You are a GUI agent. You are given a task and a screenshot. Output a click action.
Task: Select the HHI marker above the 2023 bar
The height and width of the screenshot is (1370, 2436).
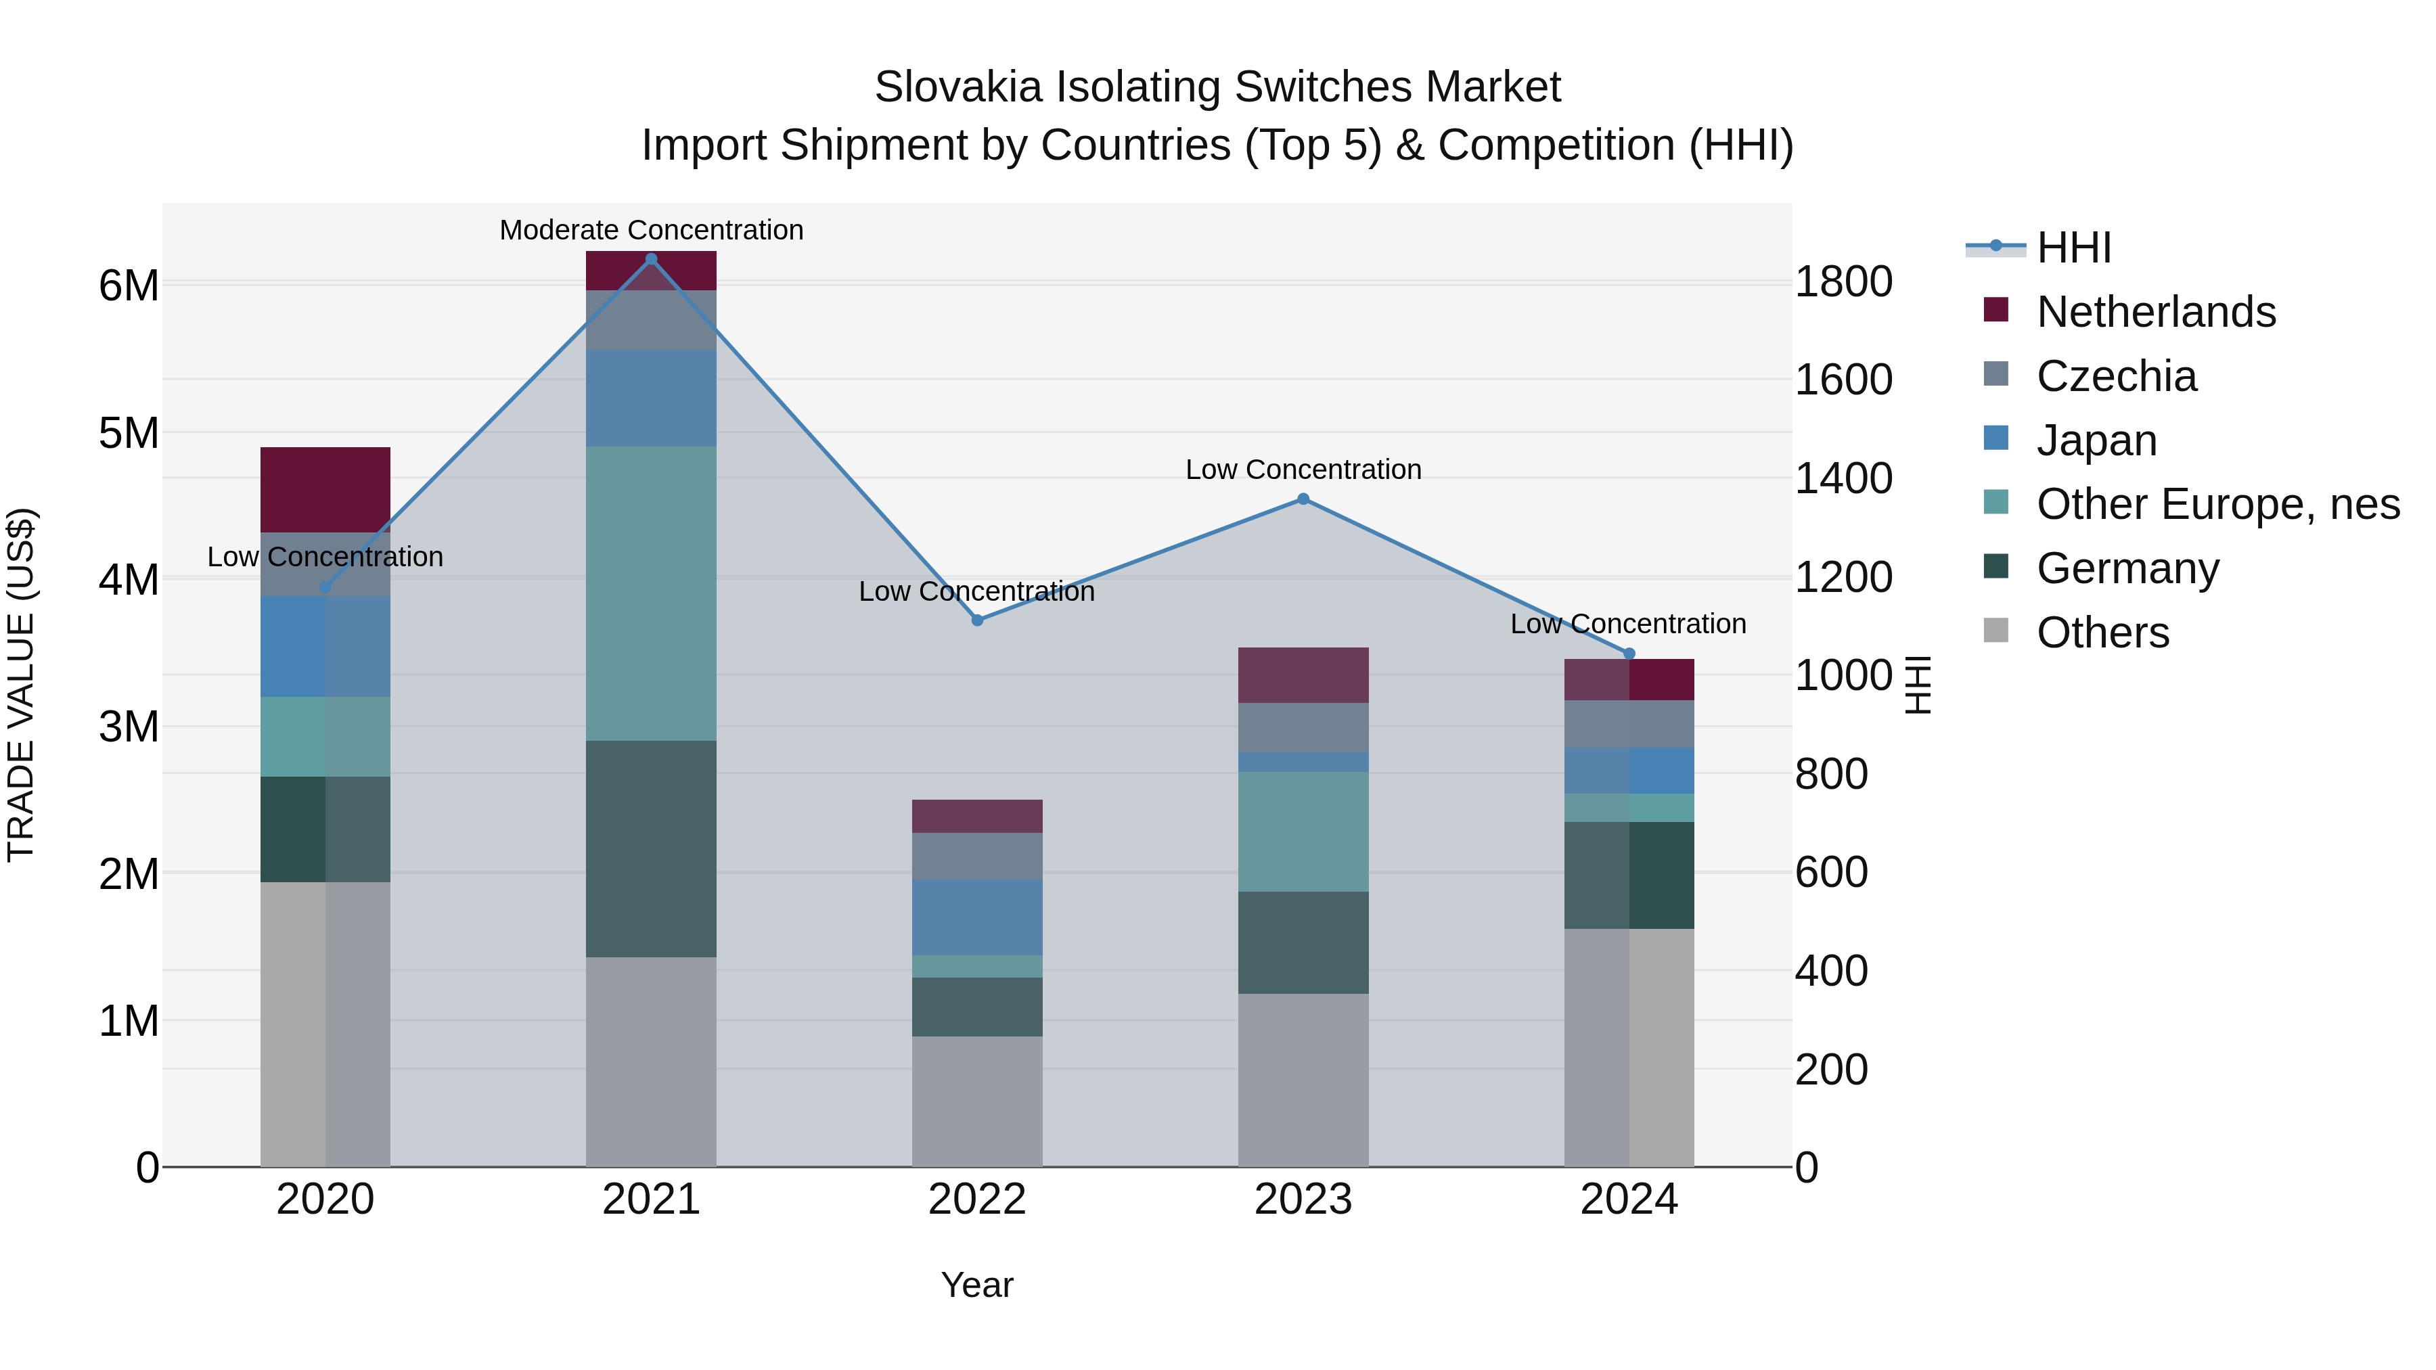pos(1303,499)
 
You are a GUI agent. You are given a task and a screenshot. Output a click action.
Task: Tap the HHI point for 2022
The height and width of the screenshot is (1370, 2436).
pos(978,620)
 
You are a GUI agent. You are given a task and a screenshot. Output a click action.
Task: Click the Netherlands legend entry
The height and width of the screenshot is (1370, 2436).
pos(2155,312)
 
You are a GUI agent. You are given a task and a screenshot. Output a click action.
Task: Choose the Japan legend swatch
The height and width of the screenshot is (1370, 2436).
pos(1995,438)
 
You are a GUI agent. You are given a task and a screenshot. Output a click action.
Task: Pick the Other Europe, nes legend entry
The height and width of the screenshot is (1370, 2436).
pos(2217,504)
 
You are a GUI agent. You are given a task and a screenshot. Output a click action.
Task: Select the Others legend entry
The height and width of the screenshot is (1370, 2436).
pos(2102,633)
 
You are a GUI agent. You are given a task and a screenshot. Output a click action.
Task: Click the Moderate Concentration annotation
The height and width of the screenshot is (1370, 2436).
pos(652,230)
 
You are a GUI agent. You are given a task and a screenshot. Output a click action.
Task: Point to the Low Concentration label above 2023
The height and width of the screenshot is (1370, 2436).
pos(1303,470)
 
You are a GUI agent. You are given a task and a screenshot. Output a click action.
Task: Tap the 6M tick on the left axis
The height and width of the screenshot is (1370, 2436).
pos(129,286)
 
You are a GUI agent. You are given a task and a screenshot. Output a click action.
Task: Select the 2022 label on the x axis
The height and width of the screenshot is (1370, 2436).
pos(977,1200)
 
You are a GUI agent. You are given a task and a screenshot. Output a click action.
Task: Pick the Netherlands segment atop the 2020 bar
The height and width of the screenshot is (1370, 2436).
pos(325,490)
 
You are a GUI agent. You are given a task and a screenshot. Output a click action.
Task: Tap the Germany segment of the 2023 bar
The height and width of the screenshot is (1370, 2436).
pos(1303,942)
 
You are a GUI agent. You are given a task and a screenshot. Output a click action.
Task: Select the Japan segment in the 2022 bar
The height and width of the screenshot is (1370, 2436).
pos(977,917)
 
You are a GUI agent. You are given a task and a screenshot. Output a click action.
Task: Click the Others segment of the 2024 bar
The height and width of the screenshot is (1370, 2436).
pos(1629,1047)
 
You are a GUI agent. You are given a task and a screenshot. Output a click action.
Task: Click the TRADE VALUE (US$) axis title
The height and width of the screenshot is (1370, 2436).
pos(21,685)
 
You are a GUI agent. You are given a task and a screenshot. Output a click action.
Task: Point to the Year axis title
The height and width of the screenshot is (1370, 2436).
pos(977,1285)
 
